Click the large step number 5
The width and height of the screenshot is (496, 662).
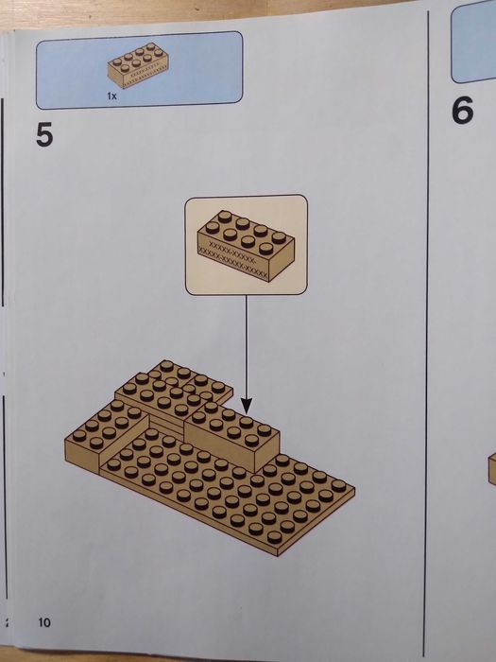tap(44, 134)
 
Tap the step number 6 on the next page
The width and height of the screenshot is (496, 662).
tap(463, 111)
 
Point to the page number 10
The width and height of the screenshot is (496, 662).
tap(44, 622)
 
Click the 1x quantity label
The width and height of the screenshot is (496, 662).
tap(111, 96)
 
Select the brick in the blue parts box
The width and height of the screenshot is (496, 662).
tap(138, 65)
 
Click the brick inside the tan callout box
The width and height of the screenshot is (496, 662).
tap(246, 245)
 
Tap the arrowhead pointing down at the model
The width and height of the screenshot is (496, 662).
tap(247, 406)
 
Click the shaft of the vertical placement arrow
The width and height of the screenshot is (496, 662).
tap(247, 346)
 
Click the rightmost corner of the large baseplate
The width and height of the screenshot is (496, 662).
tap(354, 489)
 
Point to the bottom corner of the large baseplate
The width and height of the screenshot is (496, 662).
tap(278, 556)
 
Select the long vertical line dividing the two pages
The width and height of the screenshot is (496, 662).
tap(427, 329)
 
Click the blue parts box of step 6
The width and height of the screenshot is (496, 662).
tap(473, 42)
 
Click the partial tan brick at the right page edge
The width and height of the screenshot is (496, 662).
tap(492, 469)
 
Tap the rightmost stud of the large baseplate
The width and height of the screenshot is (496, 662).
tap(338, 485)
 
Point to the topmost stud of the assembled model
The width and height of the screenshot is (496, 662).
tap(167, 366)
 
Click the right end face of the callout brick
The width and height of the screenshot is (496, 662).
tap(282, 261)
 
